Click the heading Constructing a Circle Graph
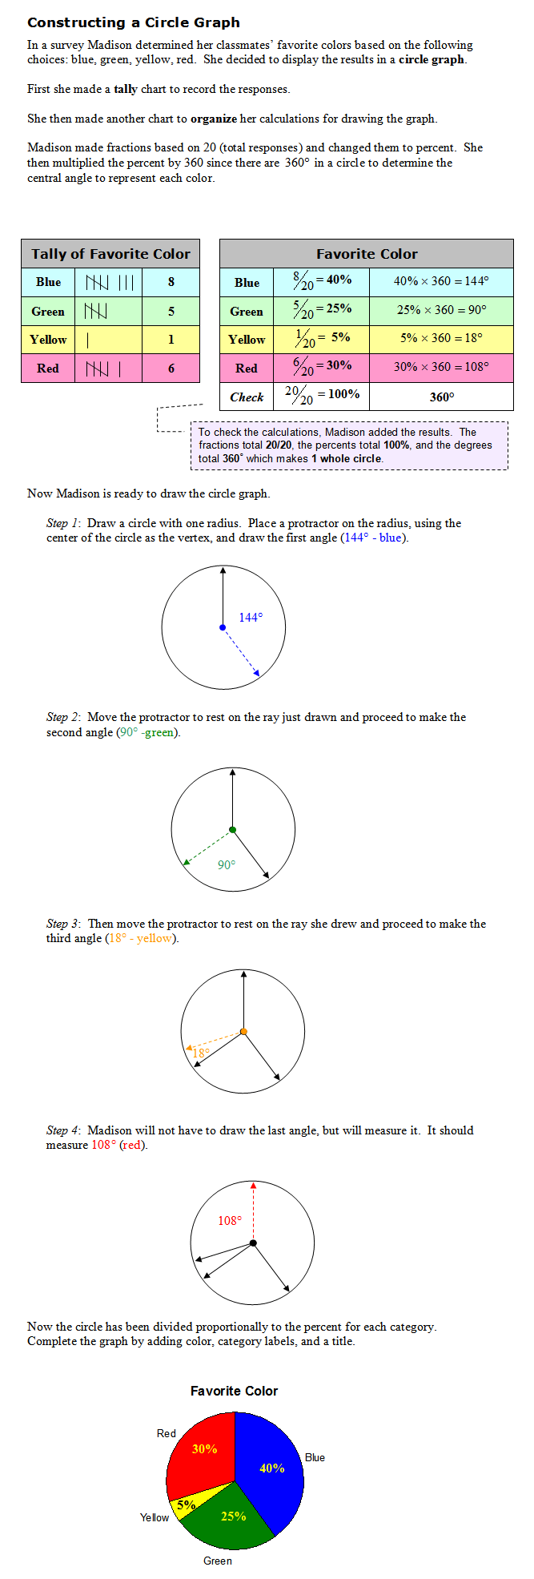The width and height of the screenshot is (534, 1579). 134,22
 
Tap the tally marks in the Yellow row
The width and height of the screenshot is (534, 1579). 87,340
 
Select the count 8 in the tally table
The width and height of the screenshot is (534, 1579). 171,282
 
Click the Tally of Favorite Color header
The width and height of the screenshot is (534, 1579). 110,254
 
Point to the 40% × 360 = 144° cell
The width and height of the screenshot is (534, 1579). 441,281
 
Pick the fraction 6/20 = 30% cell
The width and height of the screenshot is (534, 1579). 320,366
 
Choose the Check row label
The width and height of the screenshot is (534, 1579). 247,397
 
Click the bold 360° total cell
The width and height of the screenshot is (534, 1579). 441,397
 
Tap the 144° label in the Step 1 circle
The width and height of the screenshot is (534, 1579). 251,617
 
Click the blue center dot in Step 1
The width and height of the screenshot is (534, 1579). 223,627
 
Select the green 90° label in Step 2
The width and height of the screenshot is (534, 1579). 227,865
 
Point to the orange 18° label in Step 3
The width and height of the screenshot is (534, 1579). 201,1053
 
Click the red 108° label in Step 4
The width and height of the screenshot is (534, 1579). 230,1221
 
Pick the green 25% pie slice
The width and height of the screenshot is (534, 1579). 231,1517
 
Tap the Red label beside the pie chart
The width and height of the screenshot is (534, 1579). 166,1433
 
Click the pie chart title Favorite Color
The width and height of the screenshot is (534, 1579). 234,1391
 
